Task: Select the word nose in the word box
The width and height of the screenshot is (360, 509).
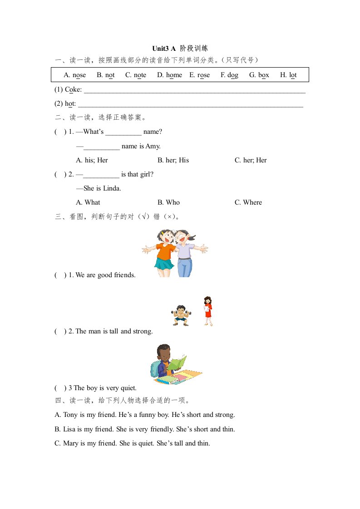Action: (79, 75)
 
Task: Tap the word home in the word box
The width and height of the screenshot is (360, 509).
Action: (174, 75)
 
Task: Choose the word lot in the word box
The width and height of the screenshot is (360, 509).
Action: (292, 75)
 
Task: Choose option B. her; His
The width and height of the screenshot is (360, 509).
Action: (173, 160)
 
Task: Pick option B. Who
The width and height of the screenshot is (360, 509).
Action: (168, 202)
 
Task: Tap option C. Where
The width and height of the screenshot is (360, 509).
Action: (248, 202)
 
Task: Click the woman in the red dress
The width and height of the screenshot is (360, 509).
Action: (208, 310)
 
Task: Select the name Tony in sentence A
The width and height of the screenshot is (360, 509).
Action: (70, 415)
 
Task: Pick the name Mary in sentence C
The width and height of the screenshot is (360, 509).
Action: (71, 443)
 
